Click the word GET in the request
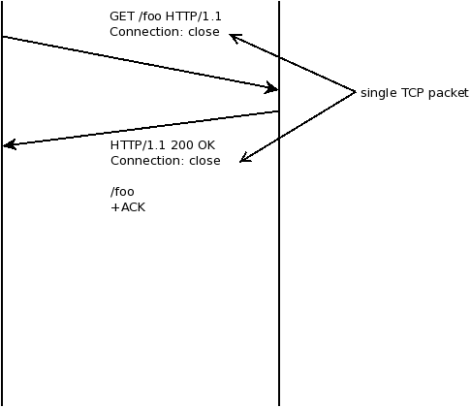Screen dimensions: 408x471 coord(121,17)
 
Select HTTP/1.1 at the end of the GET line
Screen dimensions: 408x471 coord(193,17)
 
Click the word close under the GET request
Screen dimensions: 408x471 coord(204,32)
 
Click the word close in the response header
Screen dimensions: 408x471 coord(204,161)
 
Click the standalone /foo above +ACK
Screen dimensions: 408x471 coord(122,191)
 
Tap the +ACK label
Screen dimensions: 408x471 coord(128,206)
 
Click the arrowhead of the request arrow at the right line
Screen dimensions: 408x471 coord(274,88)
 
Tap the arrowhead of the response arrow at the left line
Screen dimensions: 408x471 coord(8,145)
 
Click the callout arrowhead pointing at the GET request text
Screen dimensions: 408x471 coord(234,37)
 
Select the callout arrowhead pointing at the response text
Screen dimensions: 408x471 coord(244,158)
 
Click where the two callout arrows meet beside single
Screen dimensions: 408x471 coord(356,92)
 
